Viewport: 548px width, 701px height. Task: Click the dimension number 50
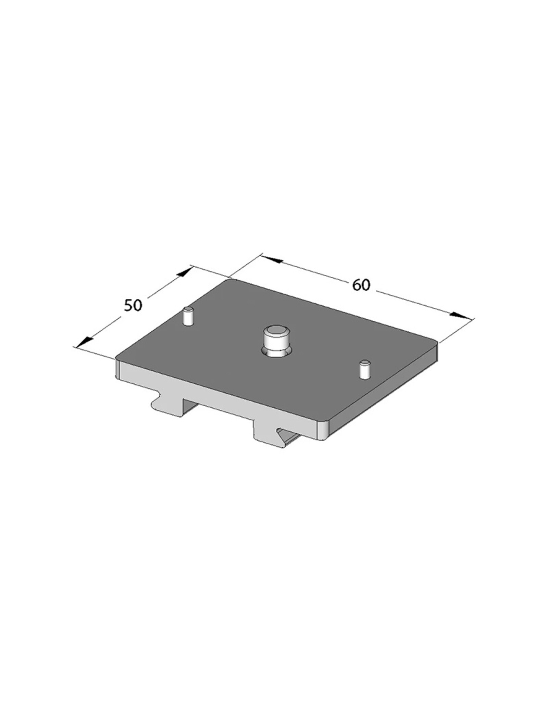tap(133, 305)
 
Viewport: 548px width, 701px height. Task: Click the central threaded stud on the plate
tap(277, 342)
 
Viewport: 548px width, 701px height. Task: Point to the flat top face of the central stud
tap(277, 331)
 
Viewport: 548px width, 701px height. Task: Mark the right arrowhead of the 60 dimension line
tap(459, 315)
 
